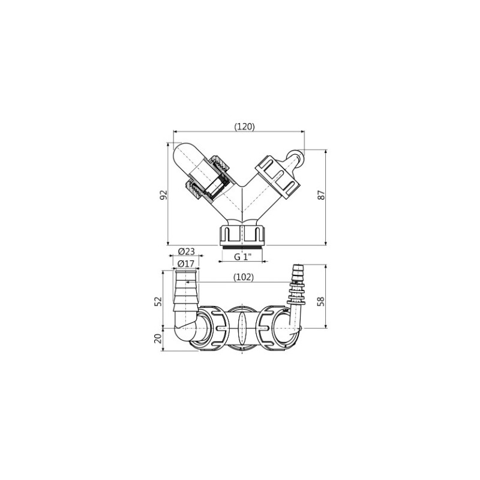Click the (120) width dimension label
pos(244,127)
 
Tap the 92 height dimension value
pos(164,195)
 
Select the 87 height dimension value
pos(320,195)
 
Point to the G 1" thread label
pos(243,257)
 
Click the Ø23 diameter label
pos(187,251)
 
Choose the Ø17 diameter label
pos(186,263)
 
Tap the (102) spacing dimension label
pos(244,277)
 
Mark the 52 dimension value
pos(158,301)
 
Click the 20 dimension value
pos(158,338)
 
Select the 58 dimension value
pos(320,301)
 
